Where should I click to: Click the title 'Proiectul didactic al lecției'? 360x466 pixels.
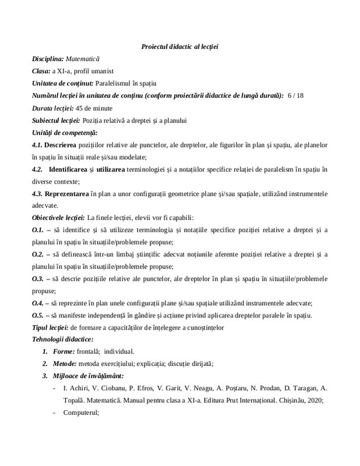[x=179, y=46]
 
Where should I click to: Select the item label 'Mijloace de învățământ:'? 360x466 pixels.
[x=89, y=376]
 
